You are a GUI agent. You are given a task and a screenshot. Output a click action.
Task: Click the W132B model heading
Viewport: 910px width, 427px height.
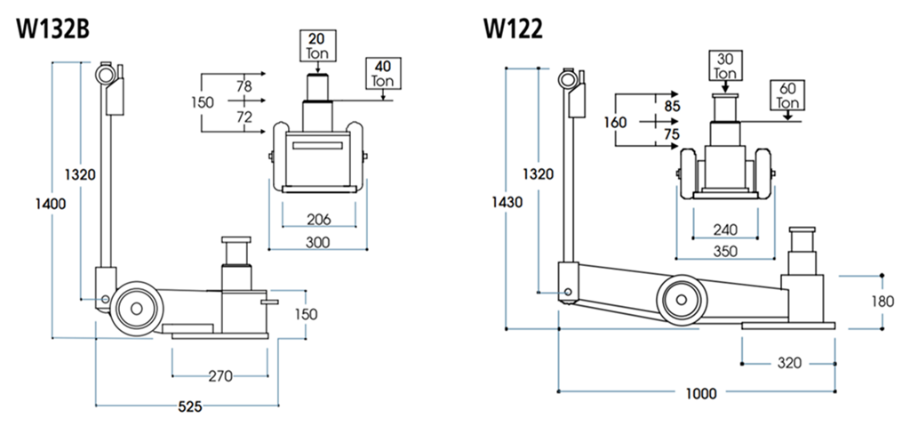(x=52, y=29)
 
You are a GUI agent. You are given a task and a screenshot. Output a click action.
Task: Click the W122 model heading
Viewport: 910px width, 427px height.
(x=514, y=29)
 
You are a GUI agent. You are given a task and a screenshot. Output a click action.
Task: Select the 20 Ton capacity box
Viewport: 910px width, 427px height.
(x=317, y=46)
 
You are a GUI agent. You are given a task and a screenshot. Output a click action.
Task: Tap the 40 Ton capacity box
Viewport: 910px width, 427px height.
(x=383, y=73)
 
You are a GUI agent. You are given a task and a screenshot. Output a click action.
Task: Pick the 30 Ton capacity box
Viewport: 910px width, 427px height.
(x=725, y=66)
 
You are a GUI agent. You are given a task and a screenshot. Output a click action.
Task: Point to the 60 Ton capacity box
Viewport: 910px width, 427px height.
(x=787, y=95)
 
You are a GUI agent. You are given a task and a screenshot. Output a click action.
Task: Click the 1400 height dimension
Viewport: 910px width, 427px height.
(x=51, y=204)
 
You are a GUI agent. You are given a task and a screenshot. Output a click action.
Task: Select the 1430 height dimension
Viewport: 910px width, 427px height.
(x=507, y=202)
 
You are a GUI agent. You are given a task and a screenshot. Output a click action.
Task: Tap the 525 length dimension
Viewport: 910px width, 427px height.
(x=189, y=407)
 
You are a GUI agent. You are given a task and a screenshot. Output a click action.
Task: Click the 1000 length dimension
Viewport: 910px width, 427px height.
(x=701, y=393)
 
